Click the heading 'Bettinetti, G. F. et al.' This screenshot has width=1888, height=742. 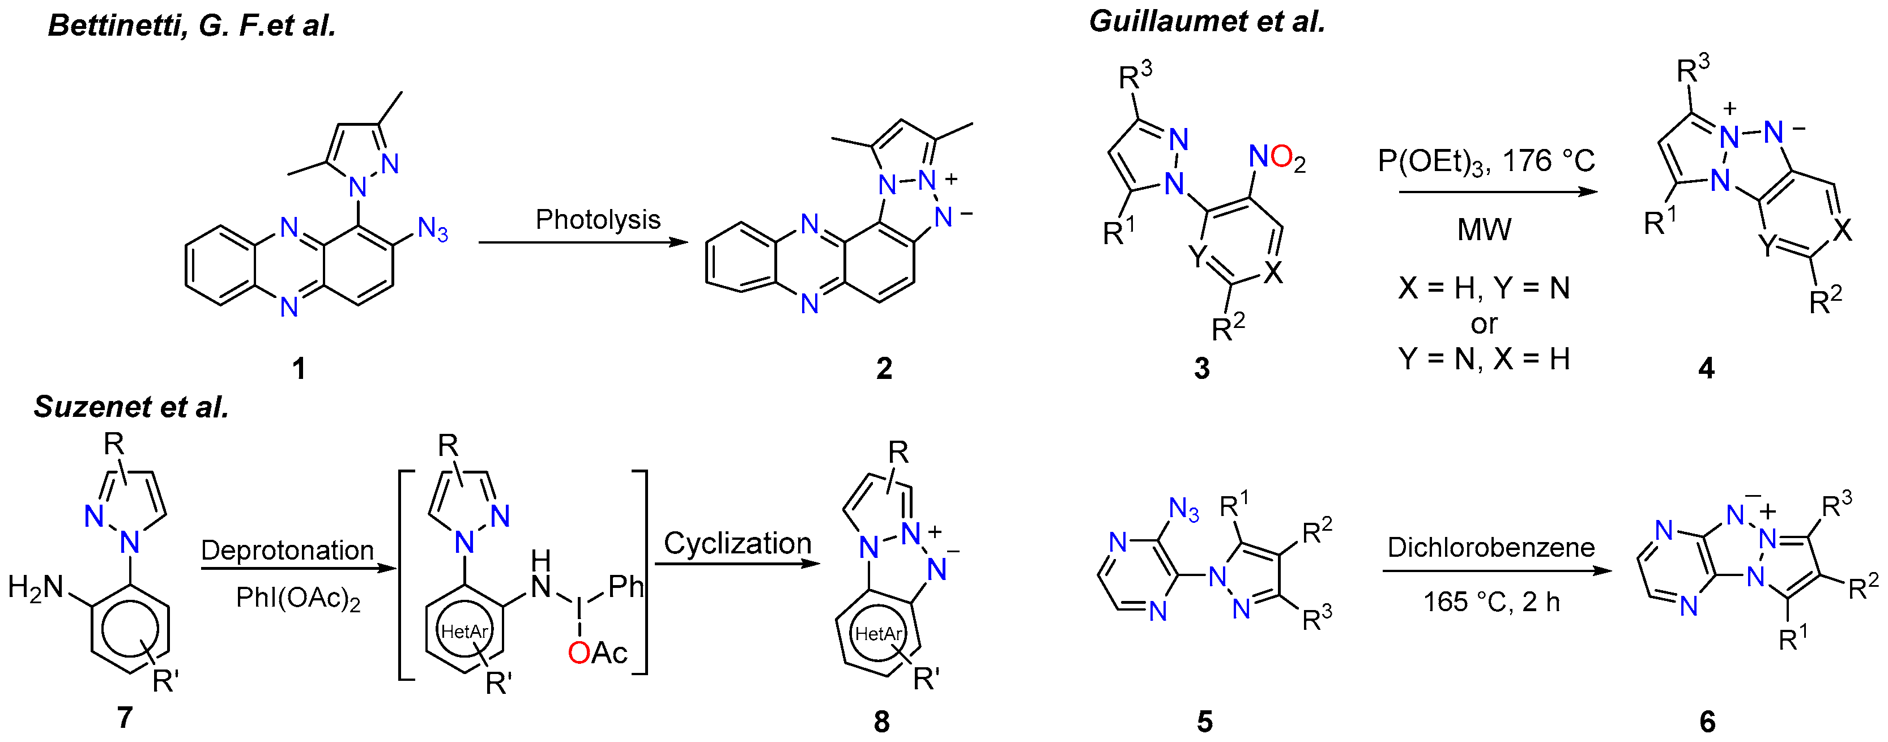(x=192, y=25)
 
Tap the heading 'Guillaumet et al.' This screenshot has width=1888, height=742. (x=1207, y=22)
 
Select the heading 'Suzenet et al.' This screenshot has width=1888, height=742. (x=131, y=407)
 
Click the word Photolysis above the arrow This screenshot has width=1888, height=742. (x=598, y=219)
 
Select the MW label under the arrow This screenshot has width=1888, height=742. (x=1484, y=230)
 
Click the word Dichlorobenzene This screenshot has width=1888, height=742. (x=1491, y=548)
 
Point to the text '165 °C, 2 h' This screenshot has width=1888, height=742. (x=1491, y=602)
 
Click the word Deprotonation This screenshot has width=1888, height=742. (x=287, y=550)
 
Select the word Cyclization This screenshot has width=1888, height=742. (x=738, y=543)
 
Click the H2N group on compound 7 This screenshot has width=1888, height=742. (x=35, y=587)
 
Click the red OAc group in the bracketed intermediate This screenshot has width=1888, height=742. (x=598, y=653)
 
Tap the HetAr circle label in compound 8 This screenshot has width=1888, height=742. (x=878, y=633)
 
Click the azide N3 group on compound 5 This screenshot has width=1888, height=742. (x=1184, y=509)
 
